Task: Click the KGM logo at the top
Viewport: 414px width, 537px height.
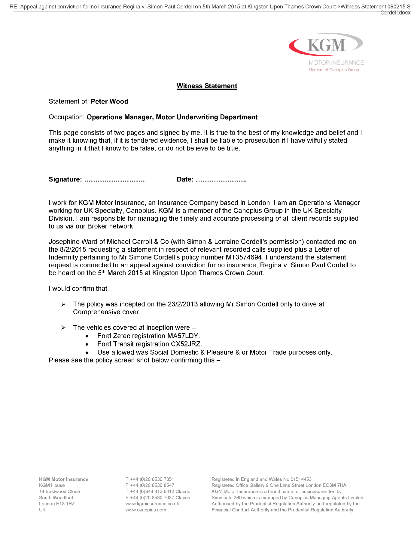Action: [326, 45]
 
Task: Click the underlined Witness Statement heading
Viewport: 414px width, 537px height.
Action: [207, 86]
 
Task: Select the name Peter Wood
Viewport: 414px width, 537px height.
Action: [109, 101]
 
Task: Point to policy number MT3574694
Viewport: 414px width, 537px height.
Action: [244, 257]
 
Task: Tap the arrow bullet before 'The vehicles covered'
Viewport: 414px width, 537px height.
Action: [63, 327]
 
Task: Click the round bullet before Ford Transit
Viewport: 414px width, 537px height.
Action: [87, 344]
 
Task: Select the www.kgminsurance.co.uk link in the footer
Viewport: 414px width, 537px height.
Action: [152, 504]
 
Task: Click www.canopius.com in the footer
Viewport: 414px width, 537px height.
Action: [146, 510]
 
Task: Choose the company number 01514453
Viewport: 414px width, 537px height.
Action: [301, 479]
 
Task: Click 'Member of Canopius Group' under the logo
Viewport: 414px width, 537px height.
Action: [333, 70]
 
